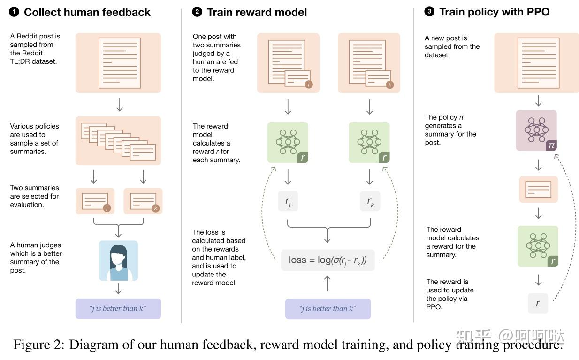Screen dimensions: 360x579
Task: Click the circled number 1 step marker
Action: [x=14, y=12]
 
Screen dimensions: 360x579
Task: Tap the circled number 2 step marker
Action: [x=197, y=12]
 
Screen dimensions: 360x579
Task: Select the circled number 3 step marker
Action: [x=429, y=12]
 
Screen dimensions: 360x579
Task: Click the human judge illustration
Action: [x=118, y=260]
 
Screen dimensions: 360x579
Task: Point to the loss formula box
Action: [x=328, y=260]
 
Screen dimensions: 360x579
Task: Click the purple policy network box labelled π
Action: [x=536, y=130]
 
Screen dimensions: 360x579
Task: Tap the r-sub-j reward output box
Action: [x=288, y=201]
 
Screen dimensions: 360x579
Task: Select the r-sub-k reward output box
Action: [x=370, y=201]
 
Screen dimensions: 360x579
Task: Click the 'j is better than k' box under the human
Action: [x=118, y=308]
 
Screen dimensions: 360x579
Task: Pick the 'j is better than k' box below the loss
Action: [x=328, y=308]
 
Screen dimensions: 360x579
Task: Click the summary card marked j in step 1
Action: [x=95, y=201]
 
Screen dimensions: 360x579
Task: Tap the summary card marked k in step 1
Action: [x=143, y=201]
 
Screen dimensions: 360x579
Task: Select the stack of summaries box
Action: [x=118, y=141]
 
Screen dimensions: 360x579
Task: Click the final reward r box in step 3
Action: [x=538, y=303]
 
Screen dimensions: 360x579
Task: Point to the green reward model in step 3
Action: [x=538, y=246]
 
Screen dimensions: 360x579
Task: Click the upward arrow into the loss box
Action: [x=328, y=283]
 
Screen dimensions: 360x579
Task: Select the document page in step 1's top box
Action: [x=119, y=63]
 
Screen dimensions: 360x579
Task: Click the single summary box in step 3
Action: [x=538, y=190]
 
